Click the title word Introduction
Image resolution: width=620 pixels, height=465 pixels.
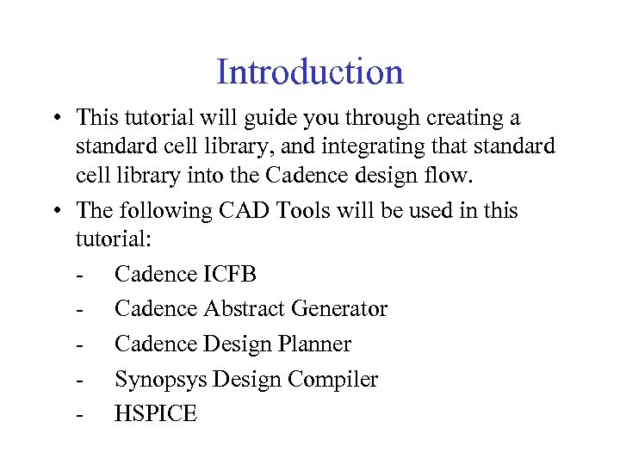click(309, 71)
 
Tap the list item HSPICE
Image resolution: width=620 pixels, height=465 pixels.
click(156, 414)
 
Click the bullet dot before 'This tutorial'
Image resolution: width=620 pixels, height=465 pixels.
click(55, 119)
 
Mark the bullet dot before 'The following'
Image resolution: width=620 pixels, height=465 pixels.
click(55, 212)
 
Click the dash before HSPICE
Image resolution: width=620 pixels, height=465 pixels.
click(80, 415)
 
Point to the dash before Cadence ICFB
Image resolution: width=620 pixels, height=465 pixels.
click(80, 276)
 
